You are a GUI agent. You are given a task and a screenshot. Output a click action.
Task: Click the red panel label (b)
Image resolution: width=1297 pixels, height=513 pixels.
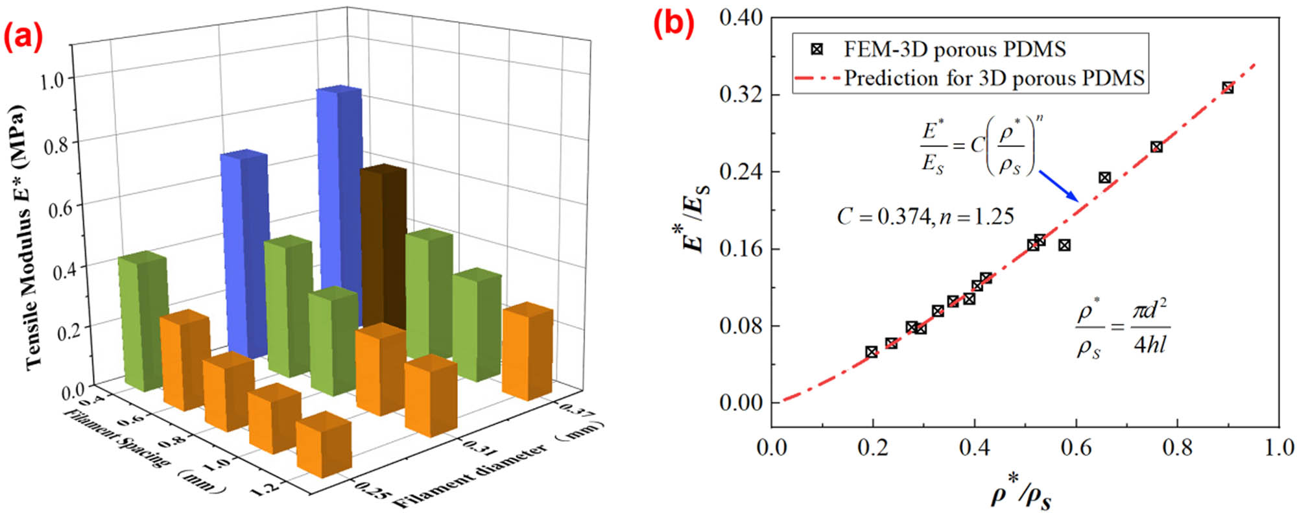[673, 24]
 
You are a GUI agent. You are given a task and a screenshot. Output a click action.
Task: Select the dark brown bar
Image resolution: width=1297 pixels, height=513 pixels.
[383, 246]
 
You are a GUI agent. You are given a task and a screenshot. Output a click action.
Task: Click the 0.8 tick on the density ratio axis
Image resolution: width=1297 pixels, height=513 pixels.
[1177, 447]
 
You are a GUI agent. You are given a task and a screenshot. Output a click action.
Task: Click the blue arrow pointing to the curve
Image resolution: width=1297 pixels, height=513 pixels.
[1059, 186]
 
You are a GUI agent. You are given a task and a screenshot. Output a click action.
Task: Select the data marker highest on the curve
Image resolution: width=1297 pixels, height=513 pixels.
[1228, 88]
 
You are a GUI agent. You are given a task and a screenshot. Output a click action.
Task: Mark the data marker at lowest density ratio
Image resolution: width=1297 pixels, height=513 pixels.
[872, 352]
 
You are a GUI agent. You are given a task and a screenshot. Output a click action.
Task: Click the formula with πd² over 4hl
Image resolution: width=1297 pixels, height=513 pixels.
[1123, 328]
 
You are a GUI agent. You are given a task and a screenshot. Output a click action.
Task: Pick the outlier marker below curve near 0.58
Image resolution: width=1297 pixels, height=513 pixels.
[1064, 245]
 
